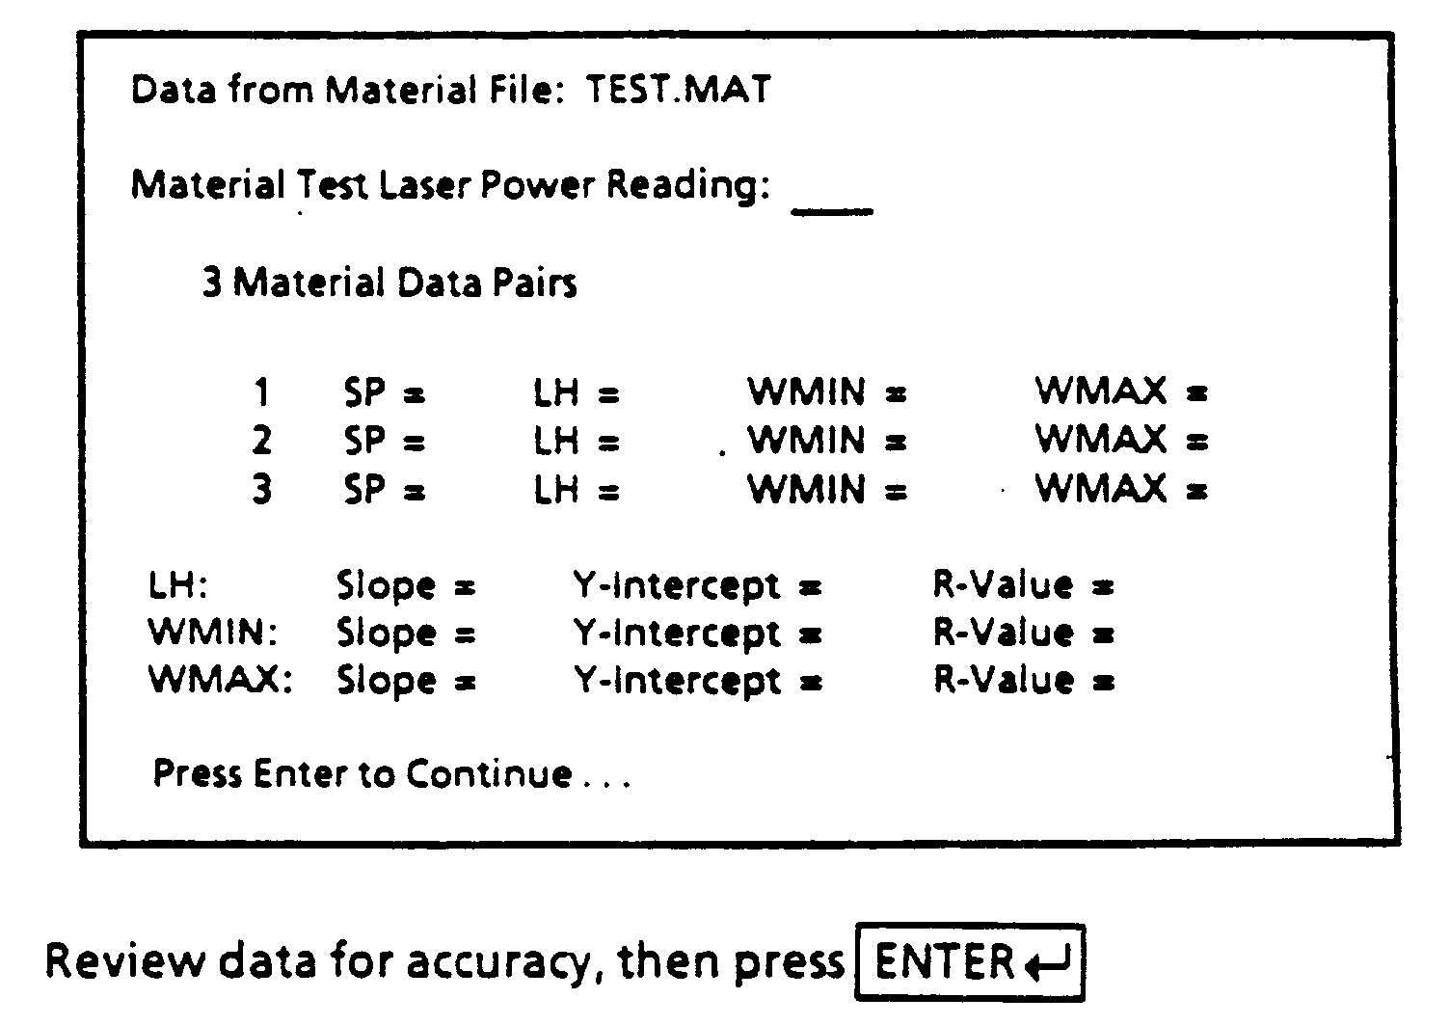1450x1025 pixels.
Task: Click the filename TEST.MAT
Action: [x=678, y=89]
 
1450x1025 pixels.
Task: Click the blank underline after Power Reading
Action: [x=832, y=211]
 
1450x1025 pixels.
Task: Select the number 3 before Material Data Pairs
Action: [x=212, y=283]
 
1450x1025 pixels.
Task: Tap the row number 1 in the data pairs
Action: [x=261, y=391]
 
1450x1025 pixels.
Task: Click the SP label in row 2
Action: [x=364, y=441]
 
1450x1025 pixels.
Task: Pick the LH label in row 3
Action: [x=556, y=489]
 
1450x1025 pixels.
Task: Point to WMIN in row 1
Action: [x=807, y=391]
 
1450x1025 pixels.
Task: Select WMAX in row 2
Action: [x=1101, y=440]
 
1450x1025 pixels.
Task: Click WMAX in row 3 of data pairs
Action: [x=1101, y=488]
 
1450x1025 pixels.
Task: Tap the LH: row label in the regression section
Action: [x=178, y=585]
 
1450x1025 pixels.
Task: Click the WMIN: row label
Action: [x=213, y=633]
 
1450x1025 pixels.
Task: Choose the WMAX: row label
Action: [x=220, y=680]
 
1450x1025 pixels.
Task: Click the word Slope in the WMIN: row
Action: [x=387, y=634]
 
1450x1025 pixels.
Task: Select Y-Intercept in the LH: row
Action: [x=677, y=587]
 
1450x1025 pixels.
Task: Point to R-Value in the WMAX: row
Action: [x=1004, y=680]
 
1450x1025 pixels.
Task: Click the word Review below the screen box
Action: [x=124, y=960]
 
